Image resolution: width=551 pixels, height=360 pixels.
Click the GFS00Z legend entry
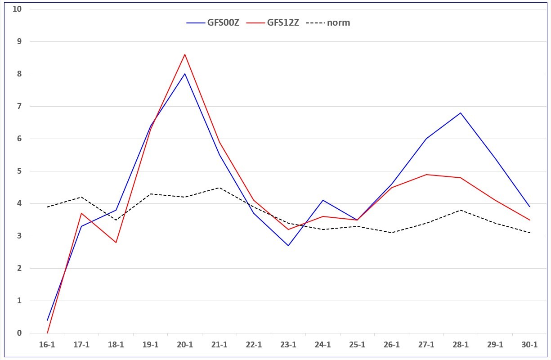point(213,22)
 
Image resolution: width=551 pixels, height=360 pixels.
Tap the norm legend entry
point(328,22)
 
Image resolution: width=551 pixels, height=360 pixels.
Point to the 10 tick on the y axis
point(17,9)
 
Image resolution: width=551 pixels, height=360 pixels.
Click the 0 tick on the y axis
point(19,333)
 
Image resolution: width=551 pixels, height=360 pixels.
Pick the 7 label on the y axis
point(19,106)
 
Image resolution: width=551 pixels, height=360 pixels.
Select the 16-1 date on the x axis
point(47,345)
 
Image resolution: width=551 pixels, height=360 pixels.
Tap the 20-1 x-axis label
point(185,345)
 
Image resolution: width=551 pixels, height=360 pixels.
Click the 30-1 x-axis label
point(529,345)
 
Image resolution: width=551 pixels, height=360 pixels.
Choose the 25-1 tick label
point(357,345)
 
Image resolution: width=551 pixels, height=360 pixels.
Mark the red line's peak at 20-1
point(185,54)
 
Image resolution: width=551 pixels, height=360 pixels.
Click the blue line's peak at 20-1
point(185,73)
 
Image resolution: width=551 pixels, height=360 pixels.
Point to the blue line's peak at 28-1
point(461,112)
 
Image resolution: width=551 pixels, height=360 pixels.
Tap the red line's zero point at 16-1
point(47,333)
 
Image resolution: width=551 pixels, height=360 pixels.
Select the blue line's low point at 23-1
point(288,246)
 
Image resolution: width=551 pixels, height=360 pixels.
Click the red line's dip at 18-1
point(116,243)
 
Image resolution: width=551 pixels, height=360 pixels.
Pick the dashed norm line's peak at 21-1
point(219,188)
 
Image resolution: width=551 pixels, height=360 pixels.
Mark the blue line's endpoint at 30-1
point(529,207)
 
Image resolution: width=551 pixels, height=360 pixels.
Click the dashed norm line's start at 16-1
point(47,207)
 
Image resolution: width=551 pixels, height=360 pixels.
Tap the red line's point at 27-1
point(426,175)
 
